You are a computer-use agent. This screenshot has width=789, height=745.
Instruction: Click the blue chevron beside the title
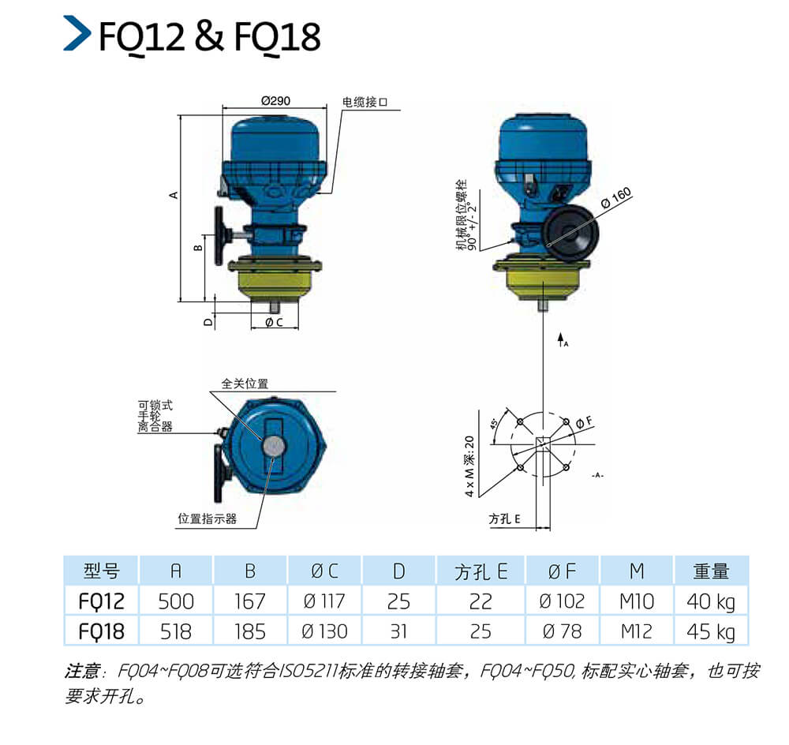click(x=77, y=33)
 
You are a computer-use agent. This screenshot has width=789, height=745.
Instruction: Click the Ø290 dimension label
click(x=275, y=101)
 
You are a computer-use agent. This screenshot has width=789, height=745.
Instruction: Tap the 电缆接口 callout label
click(x=365, y=102)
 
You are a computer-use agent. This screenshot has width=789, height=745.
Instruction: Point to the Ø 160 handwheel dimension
click(x=616, y=198)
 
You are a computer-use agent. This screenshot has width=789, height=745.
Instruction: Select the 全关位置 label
click(x=245, y=384)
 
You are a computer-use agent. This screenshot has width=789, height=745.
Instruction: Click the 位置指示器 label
click(x=207, y=519)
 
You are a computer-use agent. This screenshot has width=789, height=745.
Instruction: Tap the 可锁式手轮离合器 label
click(x=155, y=416)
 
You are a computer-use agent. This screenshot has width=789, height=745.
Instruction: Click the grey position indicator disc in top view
click(x=273, y=445)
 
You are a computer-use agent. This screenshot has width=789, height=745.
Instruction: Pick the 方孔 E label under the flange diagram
click(x=504, y=519)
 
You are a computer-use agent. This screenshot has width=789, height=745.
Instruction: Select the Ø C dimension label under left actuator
click(x=275, y=322)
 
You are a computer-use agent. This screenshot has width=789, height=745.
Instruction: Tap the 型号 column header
click(x=101, y=571)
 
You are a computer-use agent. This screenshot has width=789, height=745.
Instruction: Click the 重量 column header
click(x=711, y=571)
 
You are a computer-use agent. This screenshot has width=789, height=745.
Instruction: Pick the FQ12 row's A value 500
click(x=176, y=601)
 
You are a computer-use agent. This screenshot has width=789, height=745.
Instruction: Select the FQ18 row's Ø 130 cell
click(x=324, y=631)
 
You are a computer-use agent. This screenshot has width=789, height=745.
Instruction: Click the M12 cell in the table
click(x=637, y=631)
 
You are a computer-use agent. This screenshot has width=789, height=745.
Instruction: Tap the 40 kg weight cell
click(x=711, y=602)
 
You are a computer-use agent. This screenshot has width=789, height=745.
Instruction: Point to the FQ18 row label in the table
click(x=101, y=631)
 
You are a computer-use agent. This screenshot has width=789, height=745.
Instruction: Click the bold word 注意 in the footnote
click(x=82, y=671)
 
